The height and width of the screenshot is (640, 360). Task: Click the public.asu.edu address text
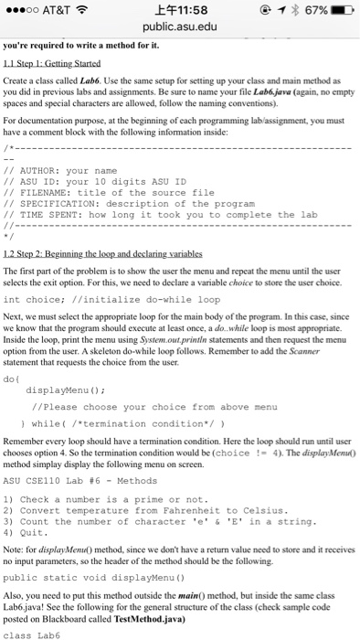point(179,27)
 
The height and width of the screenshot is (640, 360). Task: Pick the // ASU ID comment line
point(95,182)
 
